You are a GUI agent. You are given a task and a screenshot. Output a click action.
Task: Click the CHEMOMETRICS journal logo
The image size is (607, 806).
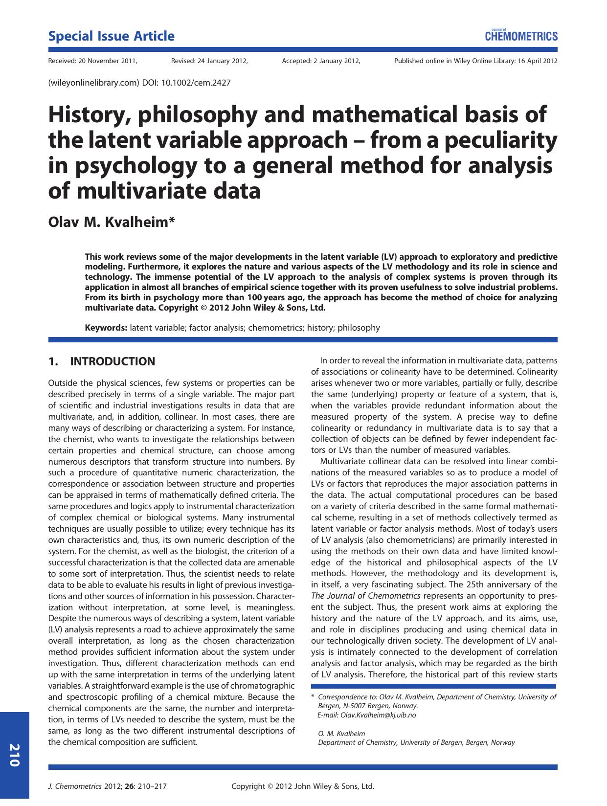point(521,36)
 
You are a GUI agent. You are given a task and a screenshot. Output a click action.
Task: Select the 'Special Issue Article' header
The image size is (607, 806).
point(111,36)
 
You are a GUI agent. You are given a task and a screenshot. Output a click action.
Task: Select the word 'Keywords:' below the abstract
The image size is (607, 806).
point(106,328)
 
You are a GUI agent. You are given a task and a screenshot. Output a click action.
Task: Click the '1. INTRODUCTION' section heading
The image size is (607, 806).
point(102,361)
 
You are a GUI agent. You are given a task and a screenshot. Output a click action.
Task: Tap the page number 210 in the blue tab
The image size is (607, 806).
point(14,755)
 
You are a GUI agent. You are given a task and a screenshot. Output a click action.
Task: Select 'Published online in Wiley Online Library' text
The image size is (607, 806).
point(454,61)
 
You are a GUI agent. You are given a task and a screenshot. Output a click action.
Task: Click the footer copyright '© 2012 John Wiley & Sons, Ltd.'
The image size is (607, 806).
point(320,786)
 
